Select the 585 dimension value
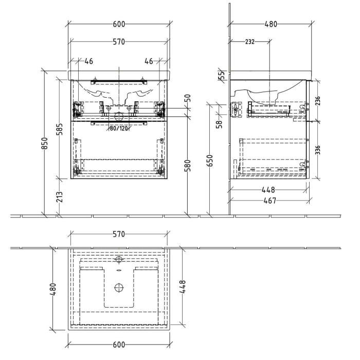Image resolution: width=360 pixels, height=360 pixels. [60, 129]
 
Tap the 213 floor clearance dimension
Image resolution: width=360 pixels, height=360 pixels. [60, 196]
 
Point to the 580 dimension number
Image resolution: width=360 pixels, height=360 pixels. [188, 166]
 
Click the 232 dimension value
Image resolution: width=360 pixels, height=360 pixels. [249, 42]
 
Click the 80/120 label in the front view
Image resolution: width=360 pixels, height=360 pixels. [118, 129]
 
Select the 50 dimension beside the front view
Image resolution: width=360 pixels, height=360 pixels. [188, 97]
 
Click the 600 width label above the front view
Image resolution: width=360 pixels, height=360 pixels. [119, 24]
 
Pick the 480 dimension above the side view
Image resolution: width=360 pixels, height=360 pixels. [271, 24]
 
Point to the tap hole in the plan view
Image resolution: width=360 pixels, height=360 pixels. [119, 259]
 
